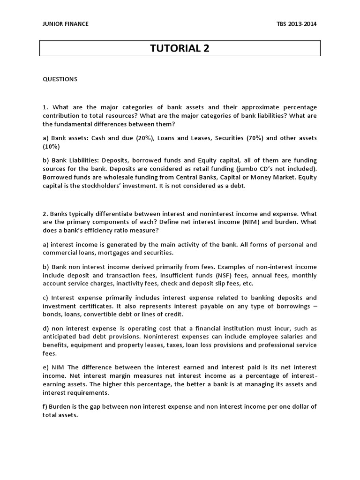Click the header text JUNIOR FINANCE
click(66, 24)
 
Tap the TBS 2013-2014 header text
click(297, 24)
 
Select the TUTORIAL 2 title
click(180, 48)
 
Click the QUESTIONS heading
click(60, 79)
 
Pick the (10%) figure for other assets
click(51, 146)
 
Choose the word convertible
click(100, 314)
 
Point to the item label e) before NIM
click(46, 367)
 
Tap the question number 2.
click(45, 214)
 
